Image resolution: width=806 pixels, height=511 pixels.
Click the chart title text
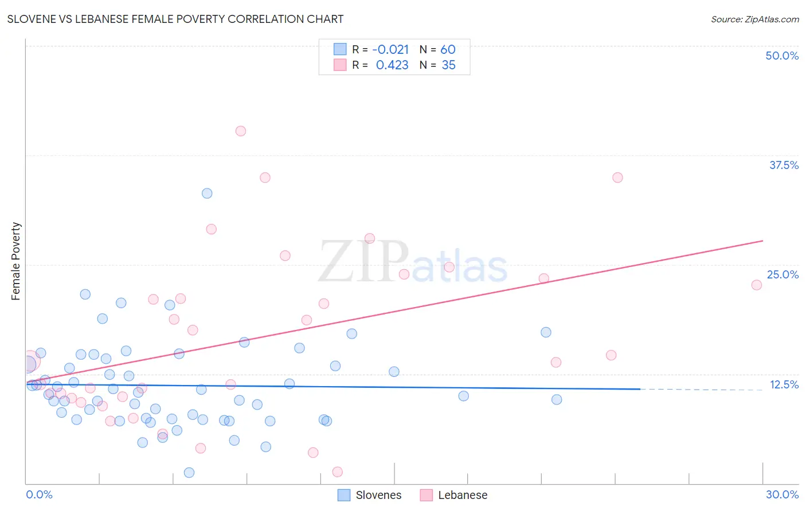point(175,19)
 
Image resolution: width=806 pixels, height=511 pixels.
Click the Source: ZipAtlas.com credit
point(754,19)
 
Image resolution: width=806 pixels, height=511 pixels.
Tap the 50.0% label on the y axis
point(782,56)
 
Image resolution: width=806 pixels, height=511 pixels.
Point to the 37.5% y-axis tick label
point(784,165)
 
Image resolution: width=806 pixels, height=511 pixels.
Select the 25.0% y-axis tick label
point(782,274)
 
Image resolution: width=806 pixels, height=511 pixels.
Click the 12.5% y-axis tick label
point(784,384)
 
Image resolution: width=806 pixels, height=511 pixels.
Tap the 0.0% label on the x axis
point(39,494)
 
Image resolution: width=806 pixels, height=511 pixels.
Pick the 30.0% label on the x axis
point(782,494)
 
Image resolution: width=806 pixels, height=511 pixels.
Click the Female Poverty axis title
point(16,261)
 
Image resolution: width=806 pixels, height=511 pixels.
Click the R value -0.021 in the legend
point(390,50)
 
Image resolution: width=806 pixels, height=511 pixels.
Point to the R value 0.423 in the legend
point(392,65)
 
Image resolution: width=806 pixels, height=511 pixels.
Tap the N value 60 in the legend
point(448,50)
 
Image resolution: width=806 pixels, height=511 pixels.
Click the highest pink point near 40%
point(241,131)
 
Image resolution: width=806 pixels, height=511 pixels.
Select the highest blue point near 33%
point(207,194)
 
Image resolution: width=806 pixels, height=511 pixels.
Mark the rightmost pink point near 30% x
point(757,285)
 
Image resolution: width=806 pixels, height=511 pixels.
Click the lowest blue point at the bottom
point(189,473)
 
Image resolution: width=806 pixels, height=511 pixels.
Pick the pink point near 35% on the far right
point(617,178)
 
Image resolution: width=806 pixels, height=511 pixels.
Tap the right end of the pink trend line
point(763,241)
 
